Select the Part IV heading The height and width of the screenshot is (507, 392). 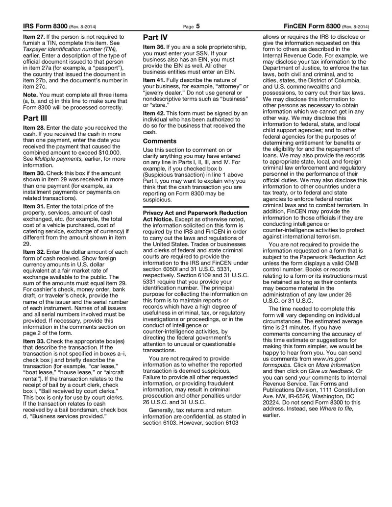tap(155, 37)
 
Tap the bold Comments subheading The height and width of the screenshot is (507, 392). tap(160, 141)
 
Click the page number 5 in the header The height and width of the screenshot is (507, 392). tap(198, 26)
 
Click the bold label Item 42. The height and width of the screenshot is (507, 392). tap(154, 113)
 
